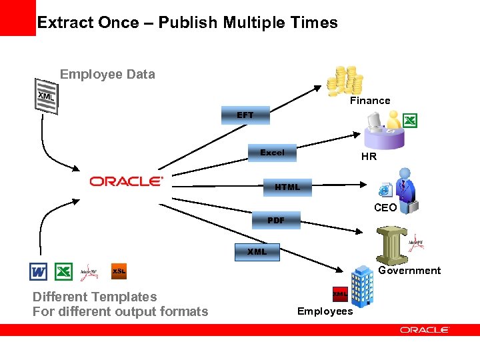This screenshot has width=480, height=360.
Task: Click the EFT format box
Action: click(x=245, y=115)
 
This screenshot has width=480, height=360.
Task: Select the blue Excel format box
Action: click(x=272, y=153)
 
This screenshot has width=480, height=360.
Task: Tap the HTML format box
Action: click(x=287, y=187)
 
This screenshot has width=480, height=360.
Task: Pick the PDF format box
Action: click(x=275, y=220)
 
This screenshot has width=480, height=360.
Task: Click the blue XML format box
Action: click(x=257, y=252)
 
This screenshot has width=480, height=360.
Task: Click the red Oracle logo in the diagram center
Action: click(x=126, y=181)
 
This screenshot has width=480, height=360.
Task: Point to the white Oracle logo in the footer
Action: click(x=425, y=330)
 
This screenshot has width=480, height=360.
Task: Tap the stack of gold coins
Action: click(x=345, y=81)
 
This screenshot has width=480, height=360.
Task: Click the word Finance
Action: click(x=370, y=101)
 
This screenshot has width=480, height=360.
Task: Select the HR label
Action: click(x=369, y=157)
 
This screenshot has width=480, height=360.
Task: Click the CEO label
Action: click(x=385, y=208)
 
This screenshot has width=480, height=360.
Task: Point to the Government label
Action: click(x=409, y=271)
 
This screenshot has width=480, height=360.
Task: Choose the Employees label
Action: click(x=325, y=311)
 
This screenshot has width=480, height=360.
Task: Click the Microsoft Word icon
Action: click(x=39, y=271)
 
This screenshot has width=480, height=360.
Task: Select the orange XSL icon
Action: click(x=119, y=271)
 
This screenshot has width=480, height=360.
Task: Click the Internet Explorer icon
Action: click(x=385, y=190)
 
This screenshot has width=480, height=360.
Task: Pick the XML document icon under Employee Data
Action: click(x=47, y=96)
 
